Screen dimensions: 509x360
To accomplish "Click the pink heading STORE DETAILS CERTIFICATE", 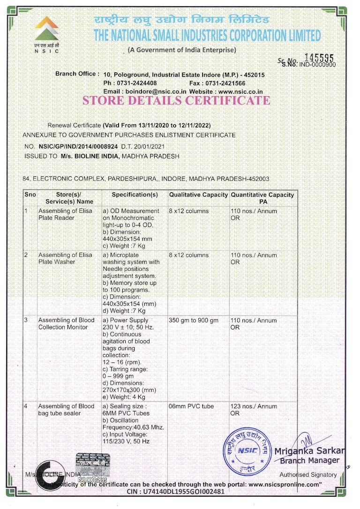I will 176,100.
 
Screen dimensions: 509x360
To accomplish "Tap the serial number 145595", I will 319,57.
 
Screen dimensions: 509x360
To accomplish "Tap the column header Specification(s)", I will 135,195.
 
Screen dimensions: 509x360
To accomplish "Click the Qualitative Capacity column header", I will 198,195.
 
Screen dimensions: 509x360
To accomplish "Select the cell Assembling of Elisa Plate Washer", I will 65,258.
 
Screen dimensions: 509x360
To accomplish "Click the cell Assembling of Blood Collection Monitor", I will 66,324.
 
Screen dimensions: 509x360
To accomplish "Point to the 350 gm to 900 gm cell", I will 194,321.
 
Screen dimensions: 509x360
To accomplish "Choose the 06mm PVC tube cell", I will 191,406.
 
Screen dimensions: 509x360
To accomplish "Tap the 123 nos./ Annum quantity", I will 254,406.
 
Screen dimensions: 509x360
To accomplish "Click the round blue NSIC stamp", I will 247,450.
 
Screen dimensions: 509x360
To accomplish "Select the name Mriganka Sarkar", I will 309,451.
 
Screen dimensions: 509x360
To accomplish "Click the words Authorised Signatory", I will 315,475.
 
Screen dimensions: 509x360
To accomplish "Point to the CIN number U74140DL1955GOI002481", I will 176,491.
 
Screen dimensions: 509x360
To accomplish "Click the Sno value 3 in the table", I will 27,321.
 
